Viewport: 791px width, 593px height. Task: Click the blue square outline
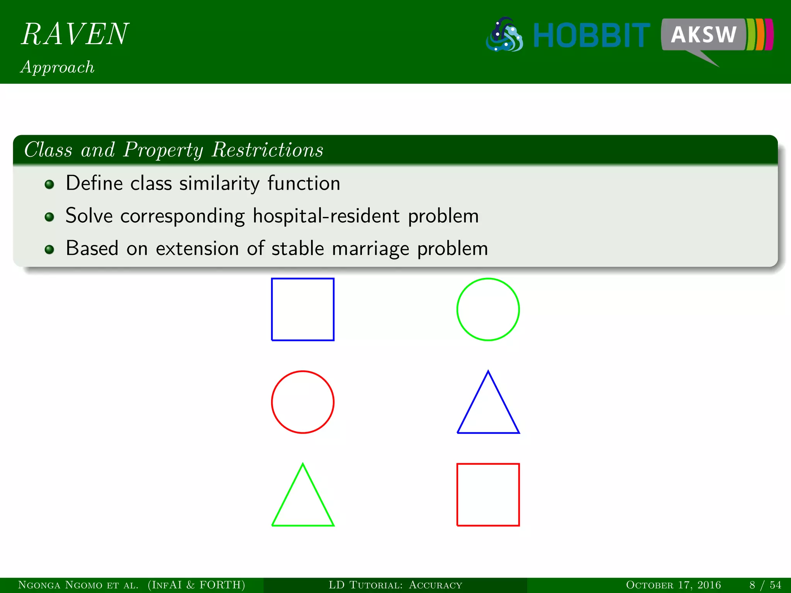pos(302,309)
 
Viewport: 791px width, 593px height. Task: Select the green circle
pos(488,309)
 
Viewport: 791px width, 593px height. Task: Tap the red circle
pos(302,402)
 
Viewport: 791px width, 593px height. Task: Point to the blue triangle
pos(488,409)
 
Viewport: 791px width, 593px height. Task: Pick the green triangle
pos(302,502)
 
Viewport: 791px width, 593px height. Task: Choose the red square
pos(488,495)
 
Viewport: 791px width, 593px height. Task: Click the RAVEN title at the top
pos(75,34)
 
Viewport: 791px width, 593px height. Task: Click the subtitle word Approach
pos(57,67)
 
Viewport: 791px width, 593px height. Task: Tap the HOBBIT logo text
pos(591,36)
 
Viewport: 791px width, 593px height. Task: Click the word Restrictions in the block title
pos(267,150)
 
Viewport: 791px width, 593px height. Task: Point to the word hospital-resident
pos(326,216)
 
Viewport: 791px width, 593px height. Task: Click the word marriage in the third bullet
pos(370,248)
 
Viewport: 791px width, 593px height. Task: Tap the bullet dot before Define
pos(49,184)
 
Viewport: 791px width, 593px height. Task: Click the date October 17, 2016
pos(673,585)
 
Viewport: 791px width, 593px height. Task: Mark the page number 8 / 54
pos(765,585)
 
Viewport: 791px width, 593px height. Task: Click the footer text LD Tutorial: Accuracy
pos(395,585)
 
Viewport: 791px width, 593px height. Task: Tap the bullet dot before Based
pos(49,249)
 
